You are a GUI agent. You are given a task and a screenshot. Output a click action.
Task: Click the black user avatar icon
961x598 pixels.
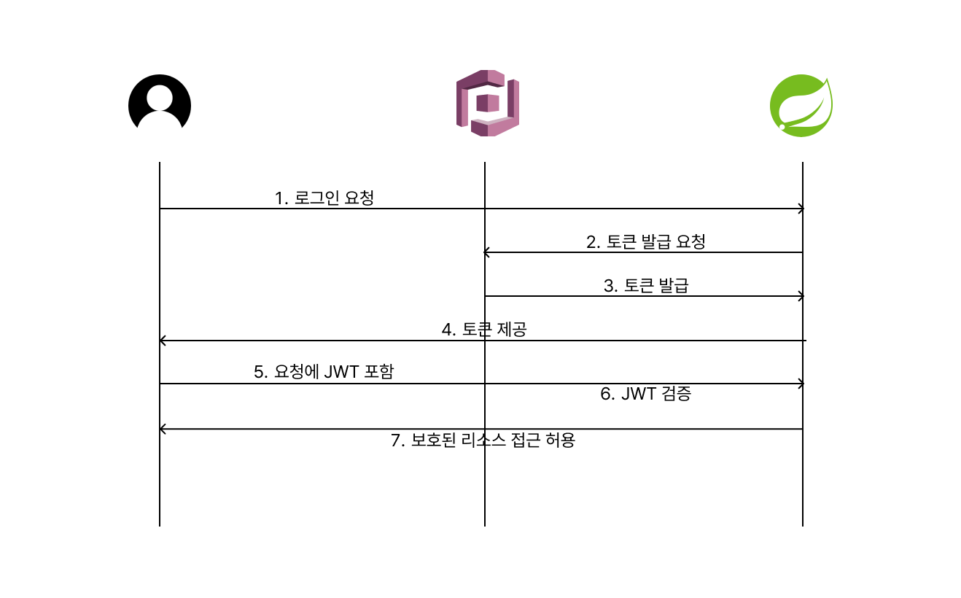(160, 103)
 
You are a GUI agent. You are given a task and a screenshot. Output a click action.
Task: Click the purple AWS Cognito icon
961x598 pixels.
(488, 103)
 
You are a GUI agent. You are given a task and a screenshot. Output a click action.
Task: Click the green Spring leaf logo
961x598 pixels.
(801, 106)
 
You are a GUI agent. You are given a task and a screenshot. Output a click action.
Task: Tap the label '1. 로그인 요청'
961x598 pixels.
(324, 198)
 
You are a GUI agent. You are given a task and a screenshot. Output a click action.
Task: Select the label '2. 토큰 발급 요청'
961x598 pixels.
(646, 241)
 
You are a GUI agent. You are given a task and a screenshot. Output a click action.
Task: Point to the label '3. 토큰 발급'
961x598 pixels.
(646, 285)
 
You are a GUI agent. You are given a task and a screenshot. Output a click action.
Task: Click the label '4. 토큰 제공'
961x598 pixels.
(484, 330)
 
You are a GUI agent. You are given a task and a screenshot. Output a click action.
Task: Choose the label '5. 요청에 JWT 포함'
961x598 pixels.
(324, 371)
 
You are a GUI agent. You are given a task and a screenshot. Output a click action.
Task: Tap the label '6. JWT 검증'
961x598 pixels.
(646, 393)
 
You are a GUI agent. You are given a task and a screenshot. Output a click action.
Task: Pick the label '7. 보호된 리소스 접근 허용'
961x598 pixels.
(483, 440)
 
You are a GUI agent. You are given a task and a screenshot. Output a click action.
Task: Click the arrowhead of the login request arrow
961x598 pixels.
(801, 209)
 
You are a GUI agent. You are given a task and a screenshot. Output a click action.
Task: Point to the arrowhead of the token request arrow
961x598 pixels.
(486, 252)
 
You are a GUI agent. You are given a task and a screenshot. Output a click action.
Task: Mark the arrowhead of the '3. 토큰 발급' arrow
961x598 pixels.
(801, 296)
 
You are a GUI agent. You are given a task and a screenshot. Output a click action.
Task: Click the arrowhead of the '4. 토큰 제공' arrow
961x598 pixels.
(162, 341)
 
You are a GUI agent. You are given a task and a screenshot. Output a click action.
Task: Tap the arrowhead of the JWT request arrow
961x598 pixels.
(801, 384)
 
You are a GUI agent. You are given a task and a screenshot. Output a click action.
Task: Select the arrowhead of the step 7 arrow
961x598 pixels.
(162, 429)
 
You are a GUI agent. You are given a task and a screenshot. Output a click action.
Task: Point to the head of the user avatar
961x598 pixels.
(160, 98)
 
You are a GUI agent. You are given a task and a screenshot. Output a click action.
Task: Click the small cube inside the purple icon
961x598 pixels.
(488, 103)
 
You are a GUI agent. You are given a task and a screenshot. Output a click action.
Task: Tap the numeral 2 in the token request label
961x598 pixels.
(591, 242)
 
